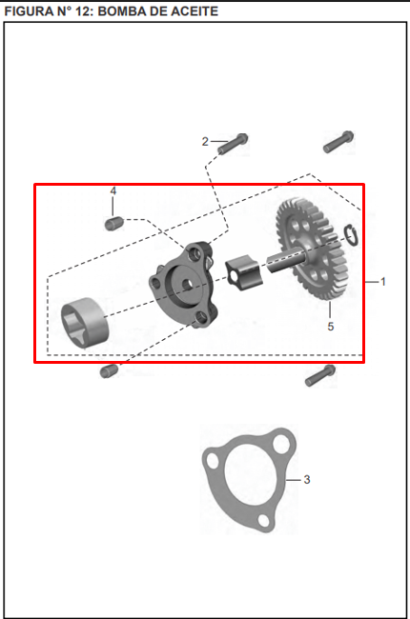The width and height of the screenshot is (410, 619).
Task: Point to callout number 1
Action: click(383, 282)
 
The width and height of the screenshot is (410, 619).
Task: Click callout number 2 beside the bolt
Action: click(205, 142)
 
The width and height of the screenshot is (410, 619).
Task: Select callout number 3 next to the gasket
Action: click(306, 479)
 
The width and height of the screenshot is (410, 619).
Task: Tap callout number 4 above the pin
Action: click(113, 191)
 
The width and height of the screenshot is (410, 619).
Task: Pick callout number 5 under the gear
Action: click(330, 327)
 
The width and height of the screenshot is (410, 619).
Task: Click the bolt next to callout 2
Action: click(233, 144)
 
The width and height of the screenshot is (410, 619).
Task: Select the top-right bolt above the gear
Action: click(338, 142)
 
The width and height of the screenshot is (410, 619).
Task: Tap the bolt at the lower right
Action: click(320, 376)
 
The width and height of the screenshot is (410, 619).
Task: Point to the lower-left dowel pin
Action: click(108, 369)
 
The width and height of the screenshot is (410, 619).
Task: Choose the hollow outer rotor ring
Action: click(85, 319)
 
